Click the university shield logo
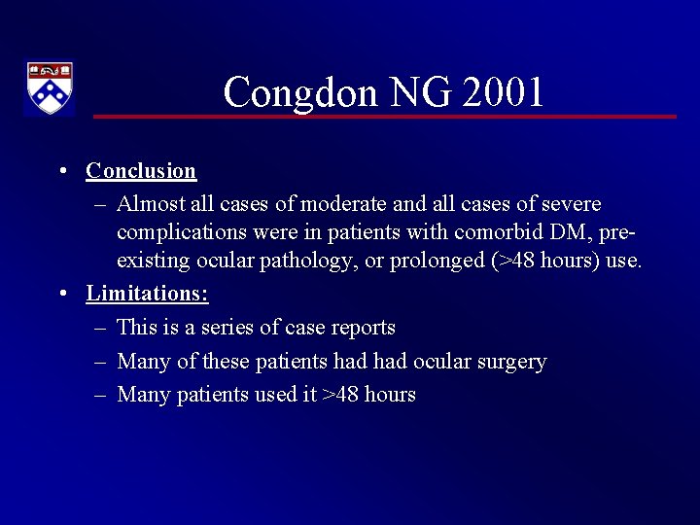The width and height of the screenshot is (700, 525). tap(49, 88)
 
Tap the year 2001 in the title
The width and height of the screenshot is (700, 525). tap(504, 93)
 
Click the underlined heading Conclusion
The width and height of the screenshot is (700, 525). tap(141, 171)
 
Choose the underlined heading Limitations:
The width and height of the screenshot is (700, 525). tap(147, 293)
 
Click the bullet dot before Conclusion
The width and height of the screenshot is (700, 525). tap(61, 171)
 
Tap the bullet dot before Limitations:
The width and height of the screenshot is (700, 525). tap(61, 293)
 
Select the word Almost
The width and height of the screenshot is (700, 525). tap(148, 204)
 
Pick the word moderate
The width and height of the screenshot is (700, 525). tap(345, 204)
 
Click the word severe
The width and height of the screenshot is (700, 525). tap(571, 204)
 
